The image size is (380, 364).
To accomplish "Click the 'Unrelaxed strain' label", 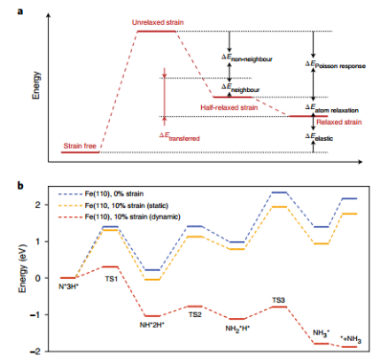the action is [158, 22].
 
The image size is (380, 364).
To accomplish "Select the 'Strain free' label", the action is [80, 146].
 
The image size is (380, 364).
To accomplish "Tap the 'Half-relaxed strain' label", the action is [229, 107].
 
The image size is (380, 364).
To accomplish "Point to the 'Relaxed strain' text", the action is [339, 122].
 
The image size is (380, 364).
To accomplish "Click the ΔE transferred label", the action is [180, 136].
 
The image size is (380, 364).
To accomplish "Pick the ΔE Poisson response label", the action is [336, 65].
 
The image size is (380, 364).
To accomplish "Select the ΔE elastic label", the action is [319, 137].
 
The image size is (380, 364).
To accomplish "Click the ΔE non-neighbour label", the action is [247, 58].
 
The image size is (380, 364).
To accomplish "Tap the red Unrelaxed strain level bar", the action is [157, 31].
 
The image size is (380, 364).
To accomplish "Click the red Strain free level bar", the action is [81, 152].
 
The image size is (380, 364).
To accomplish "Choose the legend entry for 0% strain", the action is [101, 194].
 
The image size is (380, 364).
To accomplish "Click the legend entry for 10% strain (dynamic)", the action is [120, 217].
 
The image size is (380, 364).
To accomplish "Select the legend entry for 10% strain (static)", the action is [113, 205].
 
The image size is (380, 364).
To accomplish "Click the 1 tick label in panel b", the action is [37, 242].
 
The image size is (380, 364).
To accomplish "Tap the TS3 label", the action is [278, 300].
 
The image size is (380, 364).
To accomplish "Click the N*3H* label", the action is [68, 286].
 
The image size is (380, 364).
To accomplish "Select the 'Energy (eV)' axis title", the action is [22, 268].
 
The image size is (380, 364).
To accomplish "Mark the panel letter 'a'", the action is [20, 12].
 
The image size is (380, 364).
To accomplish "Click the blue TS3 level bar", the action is [279, 192].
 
